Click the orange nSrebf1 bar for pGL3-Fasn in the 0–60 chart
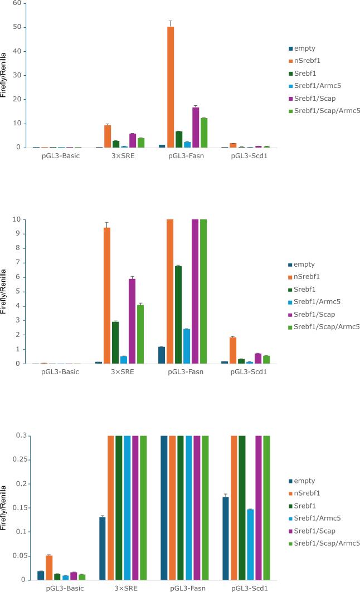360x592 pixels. click(171, 86)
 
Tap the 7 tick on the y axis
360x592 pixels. click(18, 262)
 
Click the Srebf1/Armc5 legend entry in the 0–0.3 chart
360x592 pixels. click(317, 518)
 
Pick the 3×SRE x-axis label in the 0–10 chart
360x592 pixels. click(124, 371)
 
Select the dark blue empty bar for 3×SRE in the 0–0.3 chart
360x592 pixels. click(103, 548)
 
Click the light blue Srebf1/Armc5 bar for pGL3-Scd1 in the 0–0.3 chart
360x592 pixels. click(250, 544)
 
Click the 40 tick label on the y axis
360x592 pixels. click(17, 51)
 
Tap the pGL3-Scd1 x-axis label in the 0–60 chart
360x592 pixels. click(249, 156)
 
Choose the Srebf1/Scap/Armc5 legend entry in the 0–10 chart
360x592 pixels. click(327, 326)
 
